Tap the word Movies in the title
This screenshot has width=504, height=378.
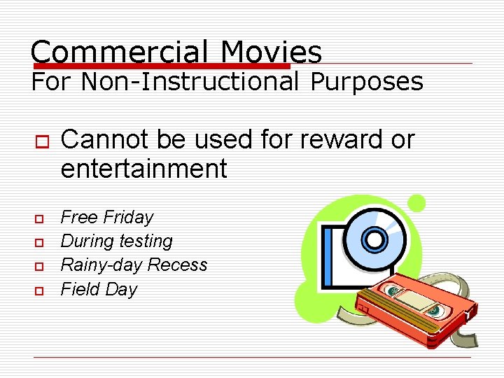271,52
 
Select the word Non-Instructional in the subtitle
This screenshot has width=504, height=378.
190,82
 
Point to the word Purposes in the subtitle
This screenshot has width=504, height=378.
367,83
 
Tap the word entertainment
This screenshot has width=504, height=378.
143,169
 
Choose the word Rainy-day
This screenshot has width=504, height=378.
101,265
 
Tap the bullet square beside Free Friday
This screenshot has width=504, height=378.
38,218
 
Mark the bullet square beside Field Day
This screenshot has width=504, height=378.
38,290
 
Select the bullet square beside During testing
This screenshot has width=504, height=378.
38,243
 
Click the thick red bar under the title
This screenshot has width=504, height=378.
161,65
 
